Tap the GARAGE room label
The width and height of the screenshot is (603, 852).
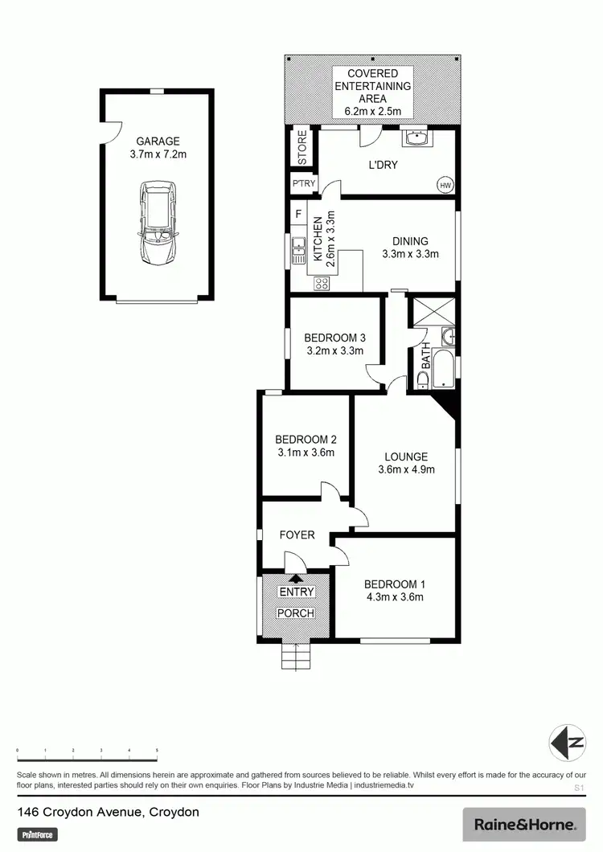coord(158,140)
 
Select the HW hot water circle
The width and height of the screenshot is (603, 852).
coord(445,185)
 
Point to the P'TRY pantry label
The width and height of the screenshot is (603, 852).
coord(303,185)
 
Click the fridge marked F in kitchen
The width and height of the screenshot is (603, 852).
coord(299,215)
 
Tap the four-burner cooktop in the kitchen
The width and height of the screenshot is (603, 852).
coord(322,282)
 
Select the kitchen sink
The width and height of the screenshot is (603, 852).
coord(297,250)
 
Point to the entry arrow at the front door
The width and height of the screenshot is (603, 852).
coord(296,577)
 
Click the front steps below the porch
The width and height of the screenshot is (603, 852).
coord(295,657)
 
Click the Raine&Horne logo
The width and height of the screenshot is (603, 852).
coord(525,825)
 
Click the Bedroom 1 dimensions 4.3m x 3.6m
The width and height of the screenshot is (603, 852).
coord(394,596)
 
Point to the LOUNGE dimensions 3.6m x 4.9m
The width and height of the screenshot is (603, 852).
coord(406,469)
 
